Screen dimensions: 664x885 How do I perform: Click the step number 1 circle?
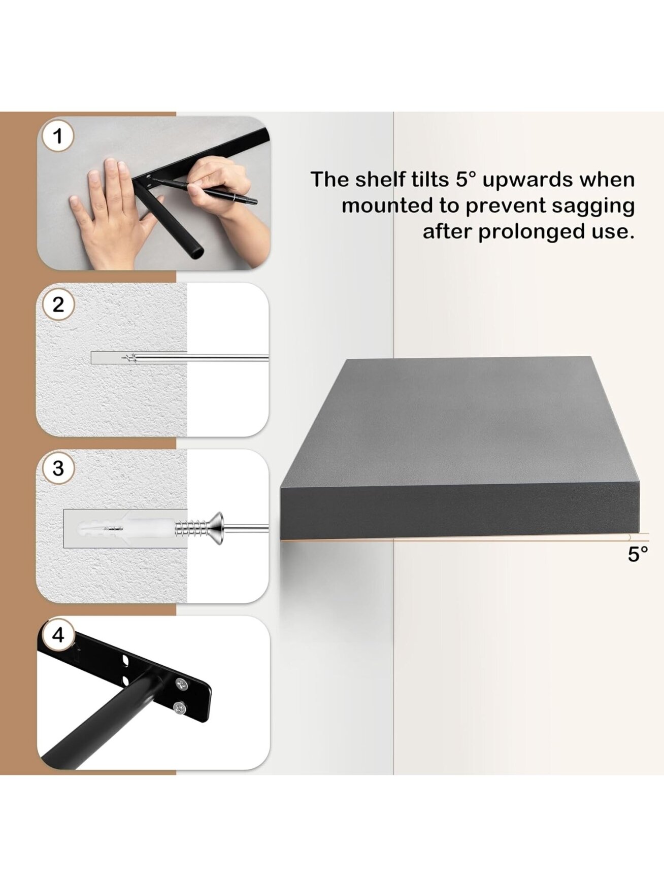pyautogui.click(x=57, y=136)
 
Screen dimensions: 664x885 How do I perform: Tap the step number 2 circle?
pyautogui.click(x=58, y=304)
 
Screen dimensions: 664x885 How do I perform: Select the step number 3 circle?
pyautogui.click(x=58, y=468)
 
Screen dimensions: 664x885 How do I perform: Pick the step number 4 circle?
pyautogui.click(x=58, y=635)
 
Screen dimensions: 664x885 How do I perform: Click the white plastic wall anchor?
pyautogui.click(x=127, y=528)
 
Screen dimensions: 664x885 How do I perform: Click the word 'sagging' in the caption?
pyautogui.click(x=593, y=207)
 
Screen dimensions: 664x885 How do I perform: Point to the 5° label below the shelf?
pyautogui.click(x=638, y=554)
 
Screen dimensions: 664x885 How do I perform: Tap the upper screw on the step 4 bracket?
pyautogui.click(x=180, y=685)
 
